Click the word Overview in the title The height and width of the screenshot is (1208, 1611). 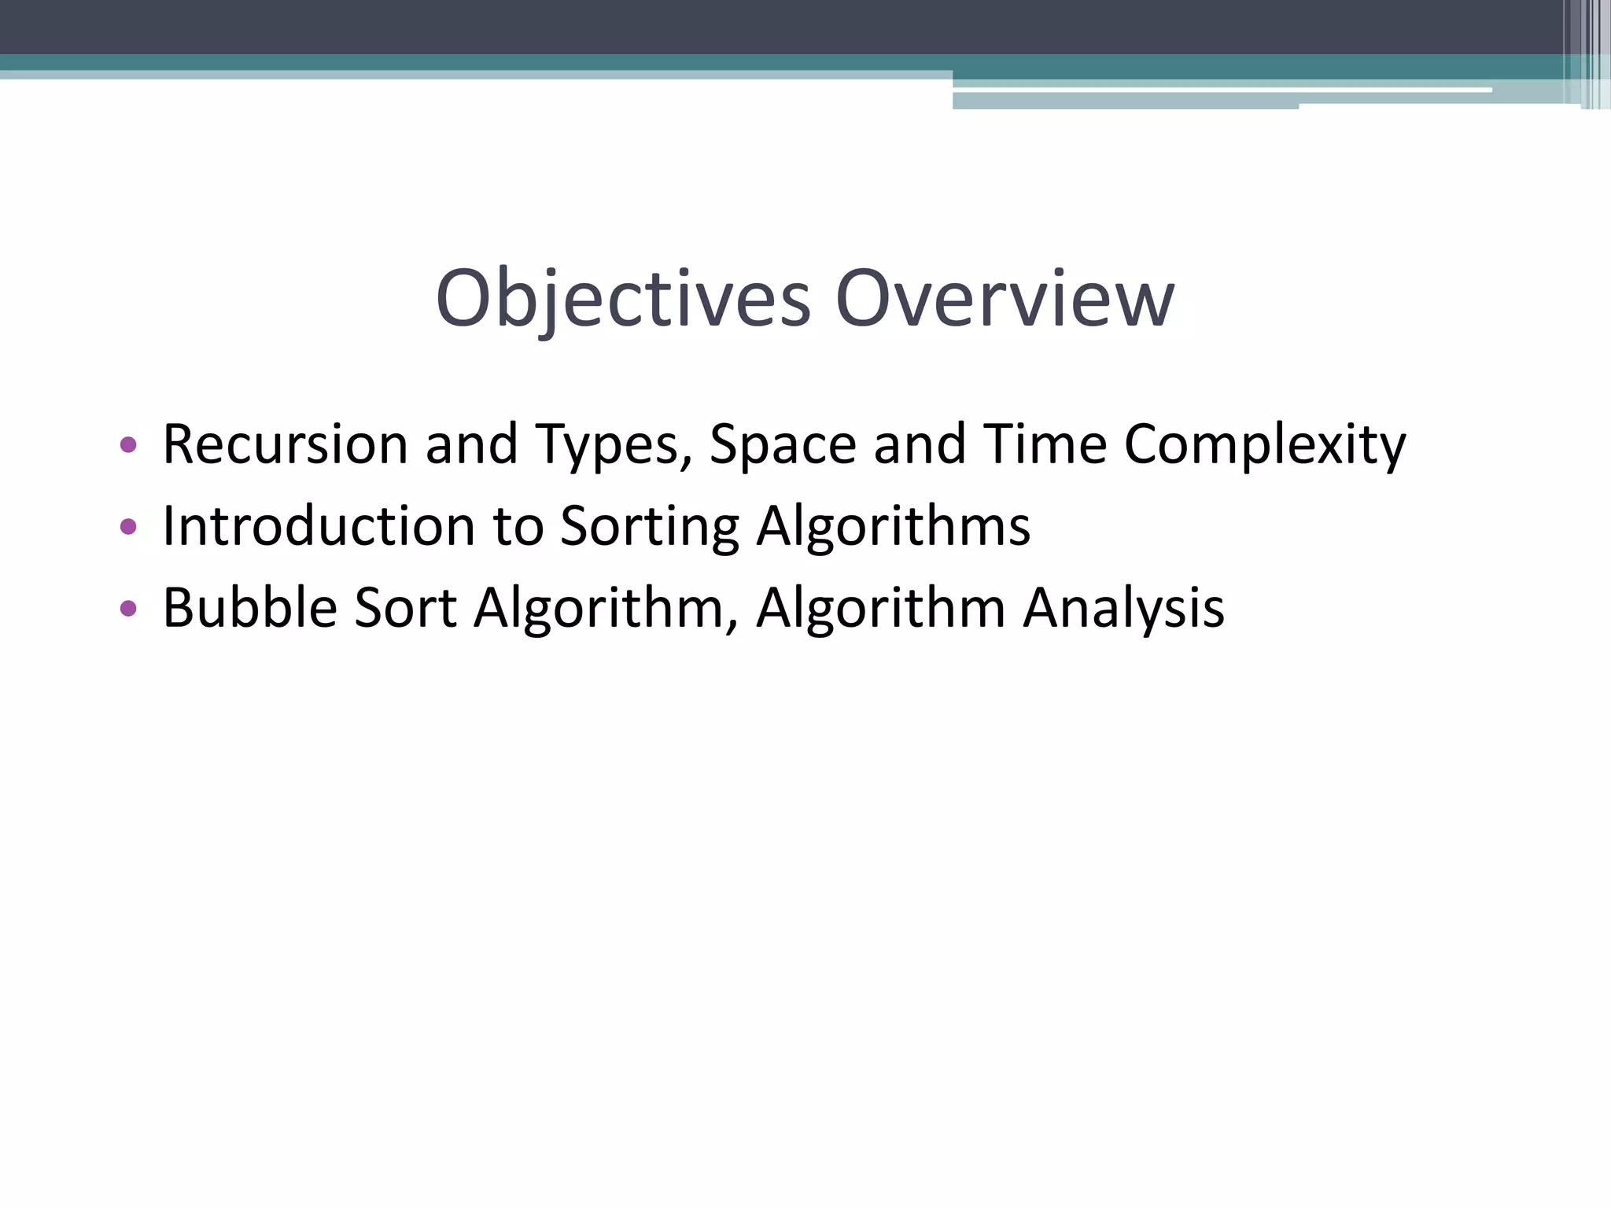(1005, 299)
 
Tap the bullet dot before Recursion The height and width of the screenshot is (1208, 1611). (128, 445)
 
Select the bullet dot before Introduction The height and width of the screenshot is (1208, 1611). (128, 526)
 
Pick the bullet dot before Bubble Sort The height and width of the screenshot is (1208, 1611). (128, 608)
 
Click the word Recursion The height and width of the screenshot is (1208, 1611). (286, 444)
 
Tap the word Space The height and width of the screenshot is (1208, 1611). (783, 444)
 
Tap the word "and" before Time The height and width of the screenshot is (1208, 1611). (920, 444)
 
